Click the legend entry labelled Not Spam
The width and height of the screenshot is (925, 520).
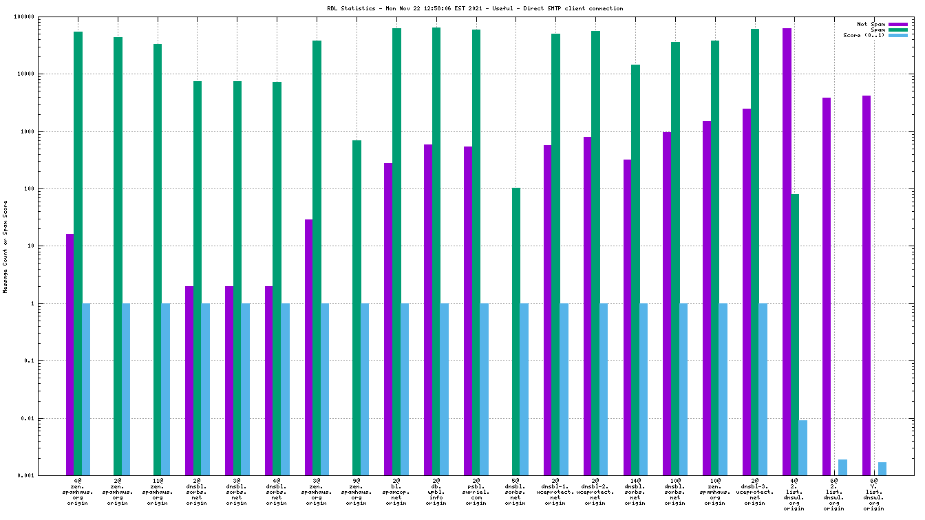pyautogui.click(x=871, y=24)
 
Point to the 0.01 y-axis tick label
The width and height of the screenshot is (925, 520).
pyautogui.click(x=48, y=418)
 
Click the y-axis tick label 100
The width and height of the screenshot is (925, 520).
pyautogui.click(x=50, y=188)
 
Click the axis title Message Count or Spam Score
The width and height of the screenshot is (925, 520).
pyautogui.click(x=6, y=246)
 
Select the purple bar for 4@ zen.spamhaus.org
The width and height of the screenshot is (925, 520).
pyautogui.click(x=70, y=354)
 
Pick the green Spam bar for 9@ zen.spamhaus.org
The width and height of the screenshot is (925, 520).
pyautogui.click(x=357, y=307)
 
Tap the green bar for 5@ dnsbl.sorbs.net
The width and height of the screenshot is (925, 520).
pyautogui.click(x=515, y=332)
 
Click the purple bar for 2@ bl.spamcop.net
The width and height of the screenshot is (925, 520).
pyautogui.click(x=388, y=319)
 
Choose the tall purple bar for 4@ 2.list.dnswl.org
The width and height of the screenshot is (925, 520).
pyautogui.click(x=787, y=252)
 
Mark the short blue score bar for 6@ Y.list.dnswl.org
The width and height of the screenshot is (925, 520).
pyautogui.click(x=882, y=468)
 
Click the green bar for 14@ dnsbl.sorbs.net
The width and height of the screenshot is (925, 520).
pyautogui.click(x=635, y=270)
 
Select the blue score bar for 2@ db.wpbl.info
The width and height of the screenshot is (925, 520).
pyautogui.click(x=444, y=389)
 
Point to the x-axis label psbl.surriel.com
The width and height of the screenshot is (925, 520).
pyautogui.click(x=476, y=493)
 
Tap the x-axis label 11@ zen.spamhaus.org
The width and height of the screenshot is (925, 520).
pyautogui.click(x=157, y=493)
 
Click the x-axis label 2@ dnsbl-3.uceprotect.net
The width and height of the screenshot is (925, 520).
pyautogui.click(x=754, y=493)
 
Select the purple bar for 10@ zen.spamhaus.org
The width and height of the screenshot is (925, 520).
pyautogui.click(x=707, y=298)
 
